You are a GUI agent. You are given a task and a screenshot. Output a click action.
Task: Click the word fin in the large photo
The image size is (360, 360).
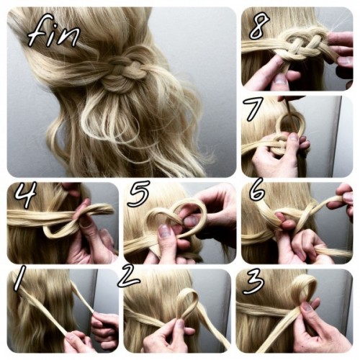coord(53,31)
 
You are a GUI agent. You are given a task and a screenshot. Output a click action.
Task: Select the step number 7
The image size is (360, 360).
coord(251,109)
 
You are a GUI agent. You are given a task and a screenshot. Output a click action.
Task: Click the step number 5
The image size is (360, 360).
coord(139,194)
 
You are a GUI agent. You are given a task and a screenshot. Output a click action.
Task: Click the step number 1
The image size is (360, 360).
coord(19,278)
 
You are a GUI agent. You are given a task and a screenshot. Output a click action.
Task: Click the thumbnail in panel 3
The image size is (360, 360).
coord(307,307)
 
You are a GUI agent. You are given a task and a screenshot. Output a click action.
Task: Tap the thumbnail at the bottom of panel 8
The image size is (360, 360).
coord(280,79)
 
